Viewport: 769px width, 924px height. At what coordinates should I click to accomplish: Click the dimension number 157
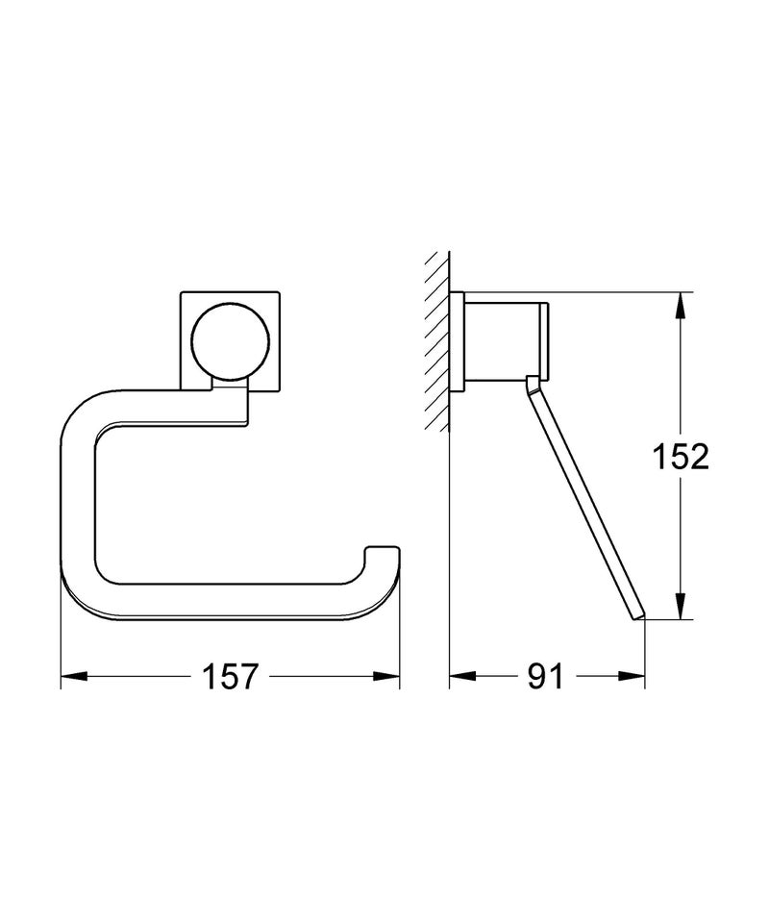231,677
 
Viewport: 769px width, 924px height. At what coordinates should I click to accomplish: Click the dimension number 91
544,677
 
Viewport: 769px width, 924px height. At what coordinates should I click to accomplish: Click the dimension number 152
680,458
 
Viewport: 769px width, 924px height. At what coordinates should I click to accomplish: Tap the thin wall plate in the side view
460,340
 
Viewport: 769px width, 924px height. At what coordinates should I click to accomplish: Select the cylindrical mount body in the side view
505,340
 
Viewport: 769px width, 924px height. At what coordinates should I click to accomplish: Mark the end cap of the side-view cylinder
548,340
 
